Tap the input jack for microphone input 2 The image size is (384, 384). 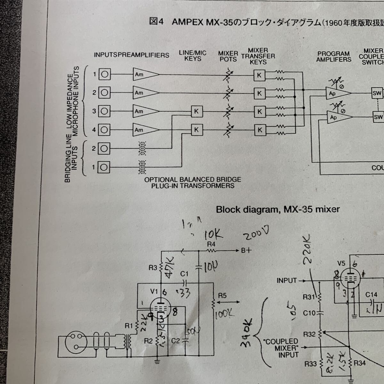click(x=104, y=93)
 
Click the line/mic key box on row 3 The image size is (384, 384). click(x=197, y=111)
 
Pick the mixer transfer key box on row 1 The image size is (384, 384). click(x=260, y=75)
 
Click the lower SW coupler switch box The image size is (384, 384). click(x=378, y=117)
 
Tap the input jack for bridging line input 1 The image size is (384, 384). click(x=104, y=167)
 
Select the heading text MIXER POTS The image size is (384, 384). click(x=228, y=56)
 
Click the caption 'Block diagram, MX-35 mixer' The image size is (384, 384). click(x=278, y=210)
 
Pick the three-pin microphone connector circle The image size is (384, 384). click(x=76, y=340)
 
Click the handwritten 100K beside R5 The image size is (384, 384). click(x=224, y=314)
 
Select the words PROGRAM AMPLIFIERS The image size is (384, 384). click(x=334, y=56)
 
